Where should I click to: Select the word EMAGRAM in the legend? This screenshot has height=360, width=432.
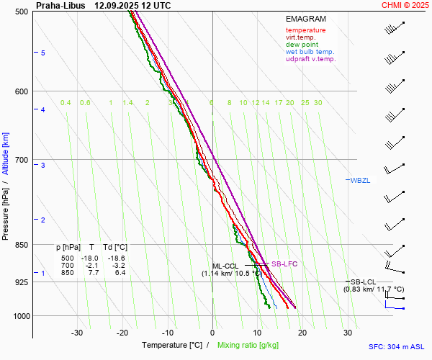[x=305, y=18]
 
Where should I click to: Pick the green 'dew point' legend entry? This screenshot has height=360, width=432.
[x=302, y=45]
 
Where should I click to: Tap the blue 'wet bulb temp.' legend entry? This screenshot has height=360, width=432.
[x=310, y=52]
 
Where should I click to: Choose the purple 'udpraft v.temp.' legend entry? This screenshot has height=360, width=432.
[x=310, y=59]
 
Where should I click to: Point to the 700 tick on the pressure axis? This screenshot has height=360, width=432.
[x=21, y=159]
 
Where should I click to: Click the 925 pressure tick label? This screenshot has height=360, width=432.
[x=21, y=282]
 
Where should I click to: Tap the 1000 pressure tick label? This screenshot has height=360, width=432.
[x=19, y=316]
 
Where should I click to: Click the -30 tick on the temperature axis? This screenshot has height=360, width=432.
[x=77, y=333]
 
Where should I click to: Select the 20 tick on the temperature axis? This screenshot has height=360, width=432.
[x=302, y=333]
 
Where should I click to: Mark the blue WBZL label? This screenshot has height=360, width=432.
[x=359, y=180]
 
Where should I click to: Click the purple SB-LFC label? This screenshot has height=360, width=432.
[x=284, y=264]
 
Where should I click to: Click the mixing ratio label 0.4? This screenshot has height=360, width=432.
[x=66, y=103]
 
